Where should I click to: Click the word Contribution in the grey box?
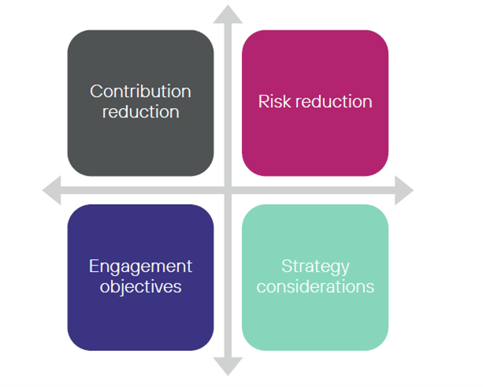pos(140,91)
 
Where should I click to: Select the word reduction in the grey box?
pos(140,111)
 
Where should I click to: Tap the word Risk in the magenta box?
pos(274,102)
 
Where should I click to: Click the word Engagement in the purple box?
pos(140,266)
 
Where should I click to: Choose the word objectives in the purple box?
pos(140,286)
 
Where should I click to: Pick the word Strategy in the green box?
pos(315,266)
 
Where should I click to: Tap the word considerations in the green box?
pos(315,286)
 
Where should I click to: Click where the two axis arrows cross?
pos(228,190)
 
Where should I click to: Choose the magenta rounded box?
pos(315,146)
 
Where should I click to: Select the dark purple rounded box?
pos(140,323)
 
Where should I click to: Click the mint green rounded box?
pos(315,323)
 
